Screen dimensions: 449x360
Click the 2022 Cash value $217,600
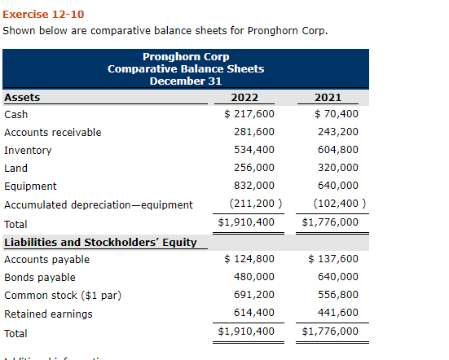[249, 114]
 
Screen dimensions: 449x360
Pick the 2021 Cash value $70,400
[336, 114]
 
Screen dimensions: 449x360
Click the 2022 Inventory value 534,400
[254, 150]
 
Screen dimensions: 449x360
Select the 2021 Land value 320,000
[337, 168]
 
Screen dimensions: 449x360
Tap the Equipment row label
[24, 186]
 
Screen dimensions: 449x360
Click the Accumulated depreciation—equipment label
[99, 204]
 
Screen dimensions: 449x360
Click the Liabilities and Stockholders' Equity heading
[100, 242]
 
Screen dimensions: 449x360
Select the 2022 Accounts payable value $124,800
[249, 260]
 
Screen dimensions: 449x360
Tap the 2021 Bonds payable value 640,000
[337, 278]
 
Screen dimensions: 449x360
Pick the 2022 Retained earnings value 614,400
[254, 314]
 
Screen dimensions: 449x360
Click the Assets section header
[22, 98]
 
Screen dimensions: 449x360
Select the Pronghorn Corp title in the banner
[186, 57]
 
